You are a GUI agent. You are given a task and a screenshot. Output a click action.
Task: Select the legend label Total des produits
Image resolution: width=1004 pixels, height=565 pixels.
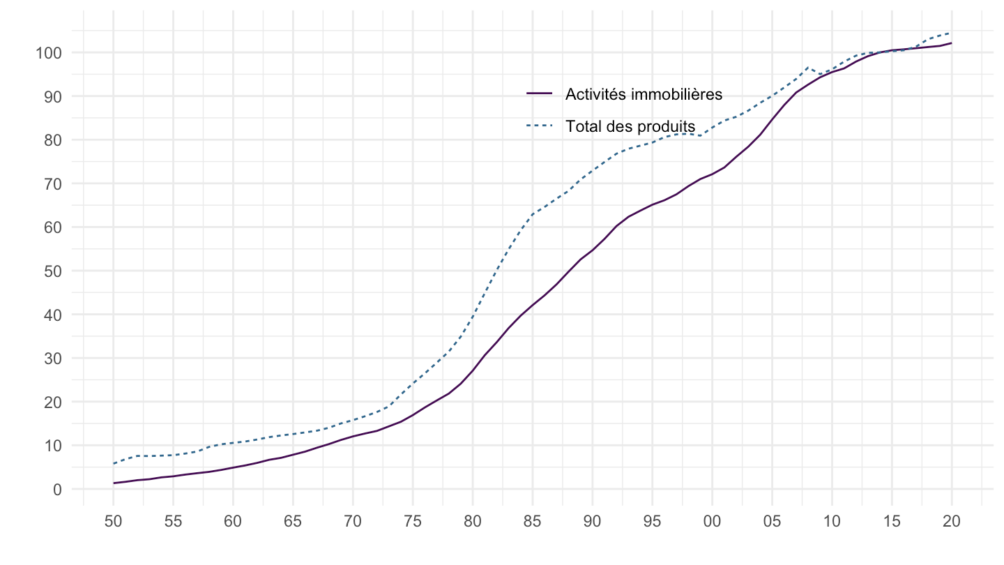point(630,126)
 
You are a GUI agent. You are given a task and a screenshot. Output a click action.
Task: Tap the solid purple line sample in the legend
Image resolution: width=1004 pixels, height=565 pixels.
point(539,93)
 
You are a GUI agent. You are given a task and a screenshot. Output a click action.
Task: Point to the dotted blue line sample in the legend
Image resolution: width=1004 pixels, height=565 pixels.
point(539,126)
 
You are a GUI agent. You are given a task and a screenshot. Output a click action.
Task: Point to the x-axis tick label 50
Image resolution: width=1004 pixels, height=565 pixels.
point(113,522)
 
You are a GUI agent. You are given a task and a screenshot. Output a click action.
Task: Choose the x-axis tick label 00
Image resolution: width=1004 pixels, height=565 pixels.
point(712,522)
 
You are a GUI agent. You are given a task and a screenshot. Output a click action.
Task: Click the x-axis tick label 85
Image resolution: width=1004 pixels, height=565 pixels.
point(532,522)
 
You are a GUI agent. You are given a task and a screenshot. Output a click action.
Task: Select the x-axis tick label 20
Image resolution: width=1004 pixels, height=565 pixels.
point(952,522)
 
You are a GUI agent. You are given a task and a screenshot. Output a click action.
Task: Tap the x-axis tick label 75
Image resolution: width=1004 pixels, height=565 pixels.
point(412,522)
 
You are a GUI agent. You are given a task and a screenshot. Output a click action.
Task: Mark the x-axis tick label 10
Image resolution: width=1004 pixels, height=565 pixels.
point(832,522)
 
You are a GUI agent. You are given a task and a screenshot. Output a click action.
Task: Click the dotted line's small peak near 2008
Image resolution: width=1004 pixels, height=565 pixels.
point(807,68)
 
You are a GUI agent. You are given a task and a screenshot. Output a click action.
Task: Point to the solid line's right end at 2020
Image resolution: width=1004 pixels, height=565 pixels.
point(952,43)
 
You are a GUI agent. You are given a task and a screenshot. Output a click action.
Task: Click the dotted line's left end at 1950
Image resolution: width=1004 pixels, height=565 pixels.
point(113,464)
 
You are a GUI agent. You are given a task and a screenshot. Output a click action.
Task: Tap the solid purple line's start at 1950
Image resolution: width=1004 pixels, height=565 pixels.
point(113,483)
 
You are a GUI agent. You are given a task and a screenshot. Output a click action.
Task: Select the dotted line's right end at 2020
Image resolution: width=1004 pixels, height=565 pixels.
point(952,33)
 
